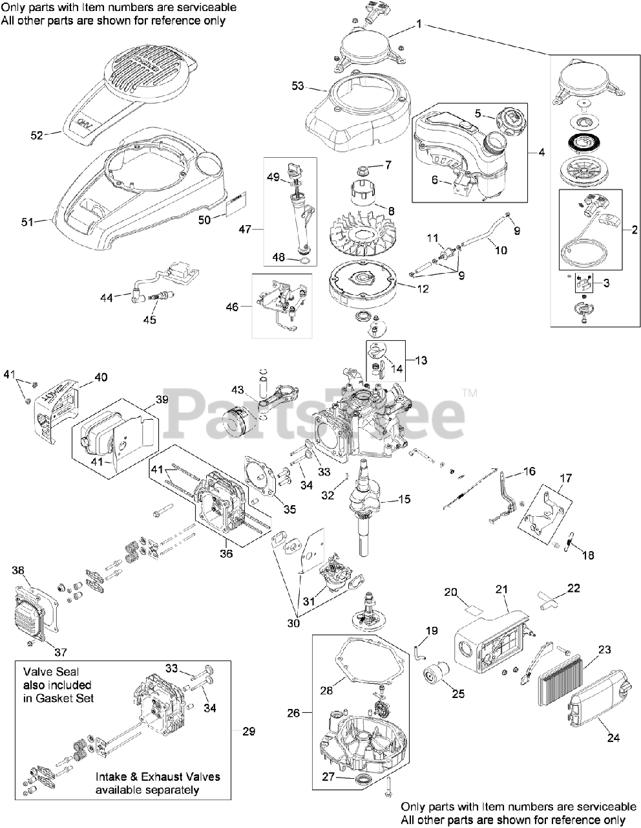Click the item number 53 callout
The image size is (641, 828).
(298, 86)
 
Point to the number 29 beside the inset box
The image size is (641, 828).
(249, 731)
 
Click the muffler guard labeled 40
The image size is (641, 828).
(58, 411)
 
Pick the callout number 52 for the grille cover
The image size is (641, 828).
(37, 135)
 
